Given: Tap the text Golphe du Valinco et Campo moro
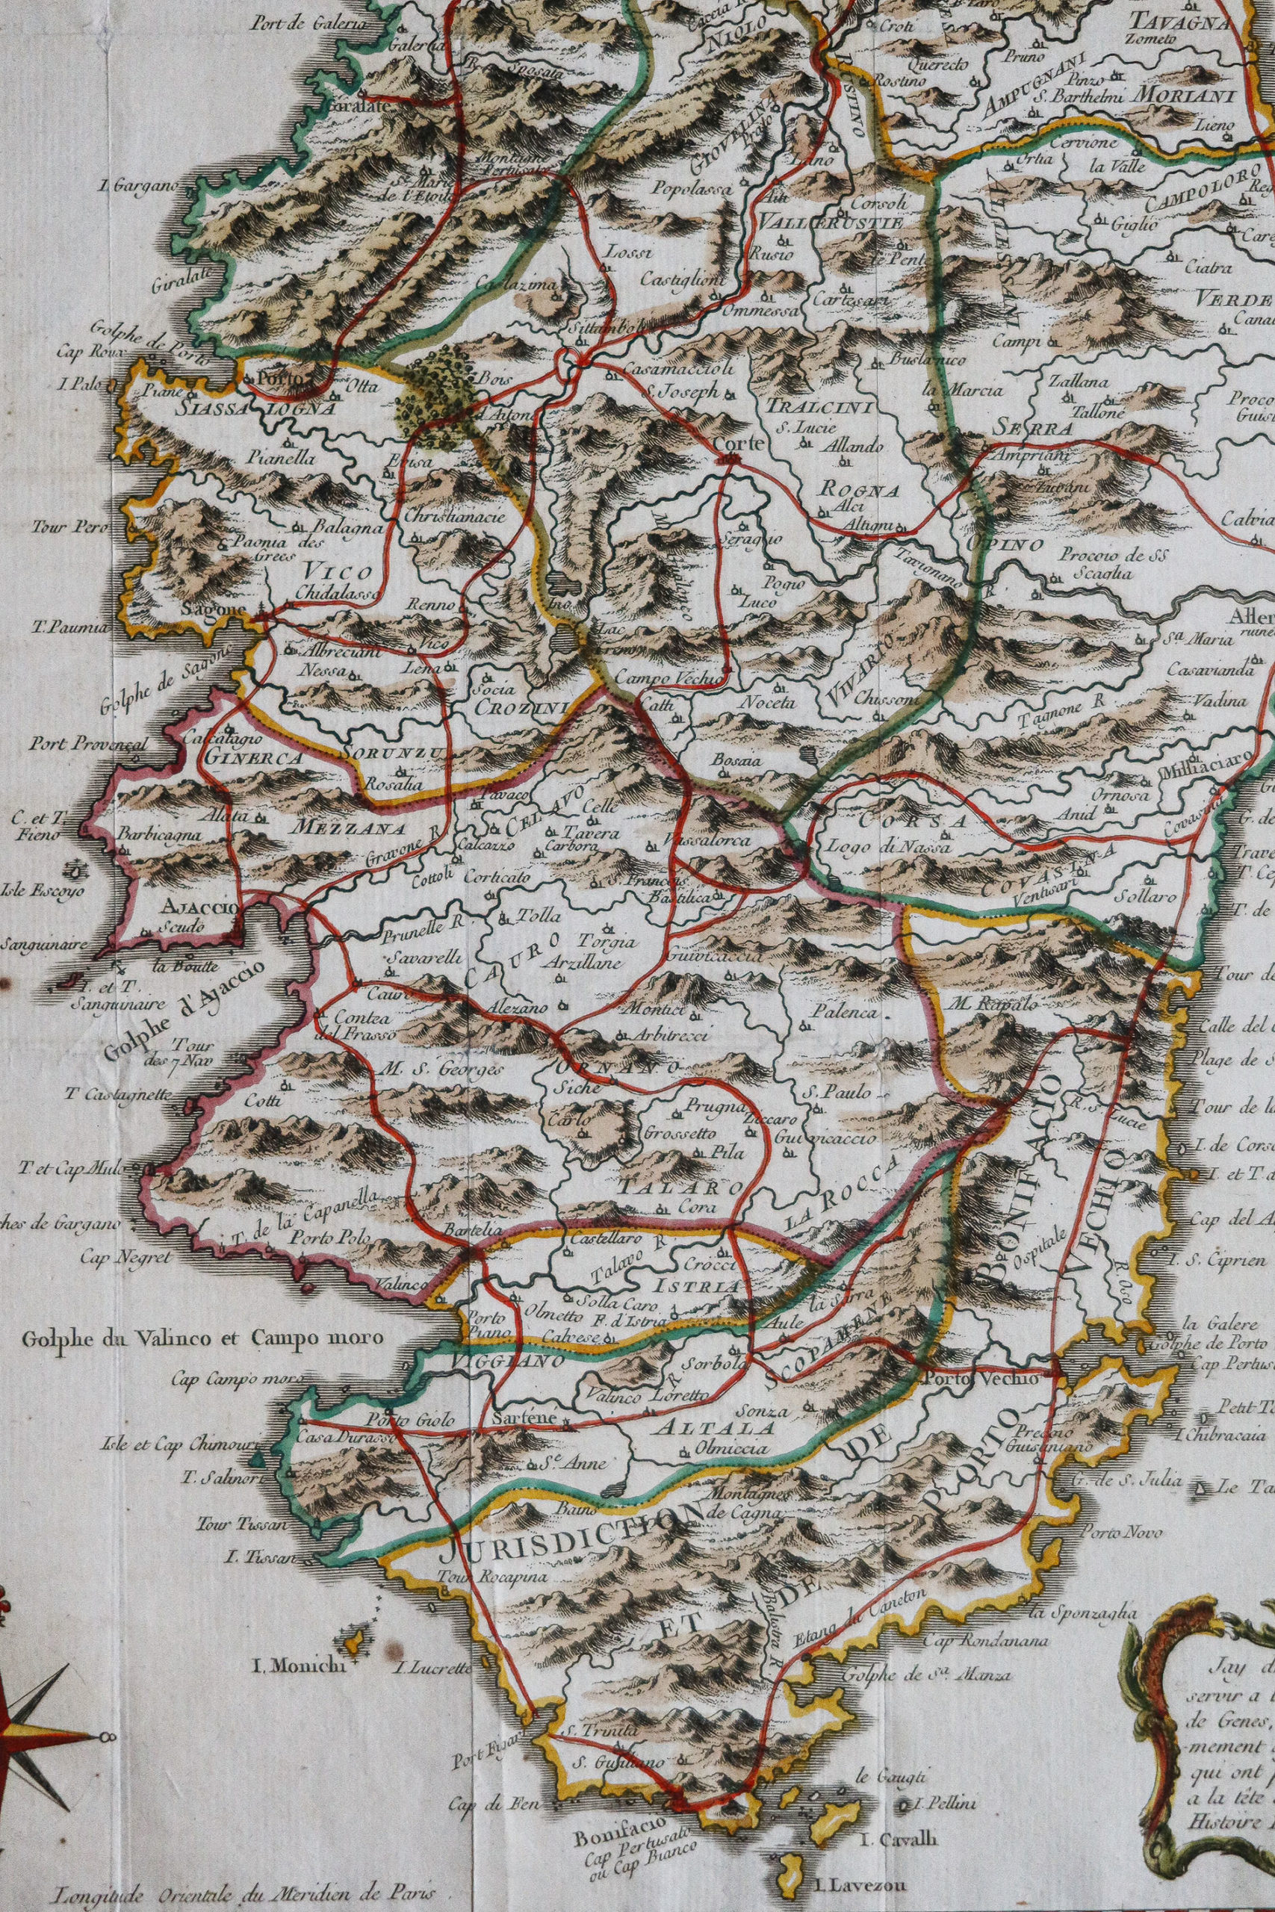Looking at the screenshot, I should [202, 1336].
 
